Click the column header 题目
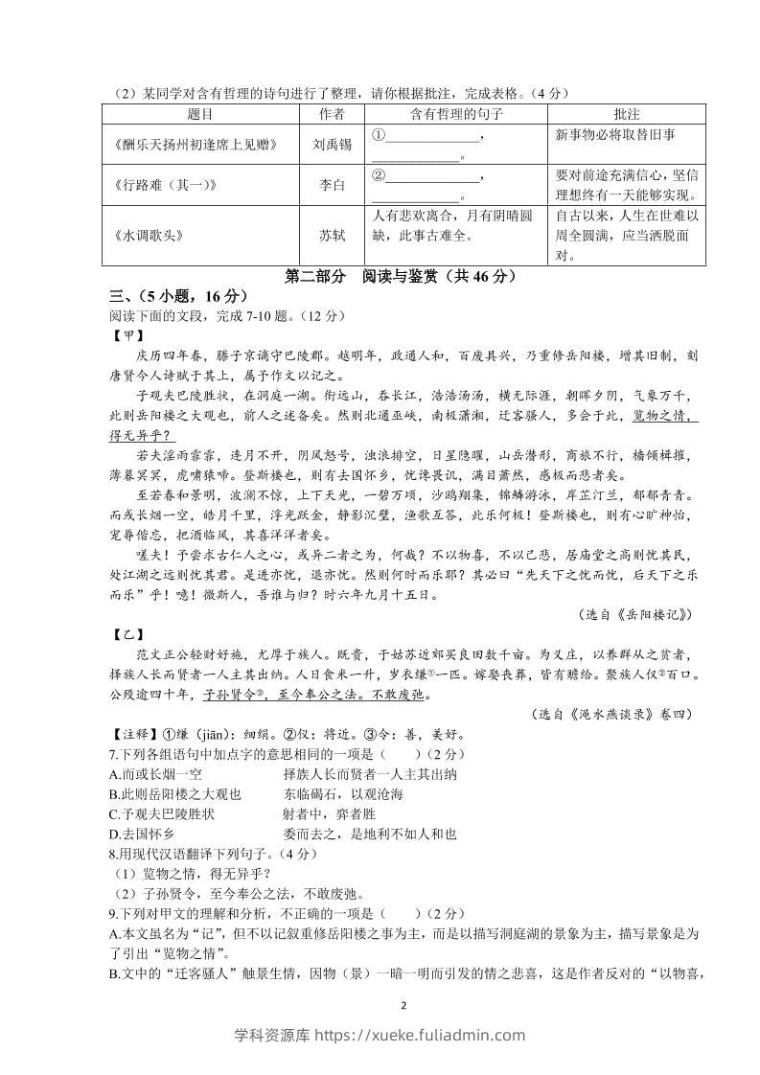[x=200, y=114]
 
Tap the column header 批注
[x=626, y=114]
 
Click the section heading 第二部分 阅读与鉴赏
[x=402, y=277]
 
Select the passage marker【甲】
[x=127, y=335]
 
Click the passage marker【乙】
[x=127, y=635]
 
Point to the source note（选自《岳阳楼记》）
[x=635, y=614]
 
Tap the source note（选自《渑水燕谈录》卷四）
[x=610, y=714]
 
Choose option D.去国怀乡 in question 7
[x=143, y=834]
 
